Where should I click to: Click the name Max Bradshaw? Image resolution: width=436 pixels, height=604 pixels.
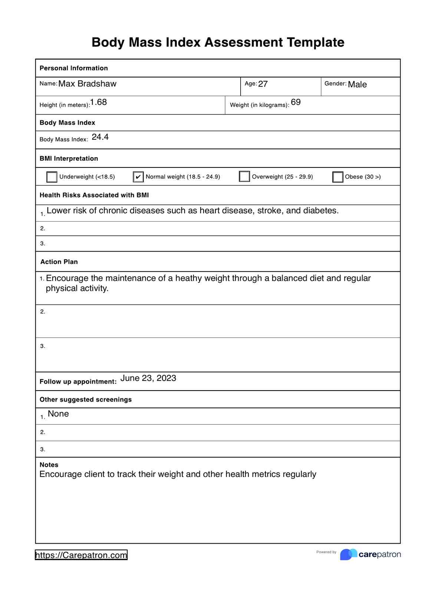(87, 84)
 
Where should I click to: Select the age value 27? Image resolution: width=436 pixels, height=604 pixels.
(263, 84)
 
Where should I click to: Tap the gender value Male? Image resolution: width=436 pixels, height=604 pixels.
(357, 84)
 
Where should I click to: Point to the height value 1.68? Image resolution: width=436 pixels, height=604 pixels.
(99, 102)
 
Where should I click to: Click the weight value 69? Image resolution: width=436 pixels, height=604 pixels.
(296, 102)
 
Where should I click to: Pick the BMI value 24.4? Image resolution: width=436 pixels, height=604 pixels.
(100, 137)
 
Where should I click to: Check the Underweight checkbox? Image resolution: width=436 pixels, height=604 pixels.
(52, 177)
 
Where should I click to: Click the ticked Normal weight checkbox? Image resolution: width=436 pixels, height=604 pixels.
(138, 177)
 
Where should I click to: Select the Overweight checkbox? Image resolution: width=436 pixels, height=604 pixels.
(244, 176)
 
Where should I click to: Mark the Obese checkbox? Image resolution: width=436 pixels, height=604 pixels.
(338, 177)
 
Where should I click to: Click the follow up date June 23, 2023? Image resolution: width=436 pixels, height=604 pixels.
(148, 378)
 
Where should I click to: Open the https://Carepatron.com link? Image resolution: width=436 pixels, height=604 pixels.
(81, 555)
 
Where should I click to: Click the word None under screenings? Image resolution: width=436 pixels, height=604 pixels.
(58, 414)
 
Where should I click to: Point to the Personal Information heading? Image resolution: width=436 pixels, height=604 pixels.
(74, 68)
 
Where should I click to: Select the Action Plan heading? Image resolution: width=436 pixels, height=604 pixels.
(59, 262)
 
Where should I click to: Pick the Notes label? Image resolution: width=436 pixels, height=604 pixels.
(49, 465)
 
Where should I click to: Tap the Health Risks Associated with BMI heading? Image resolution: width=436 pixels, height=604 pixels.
(94, 195)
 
